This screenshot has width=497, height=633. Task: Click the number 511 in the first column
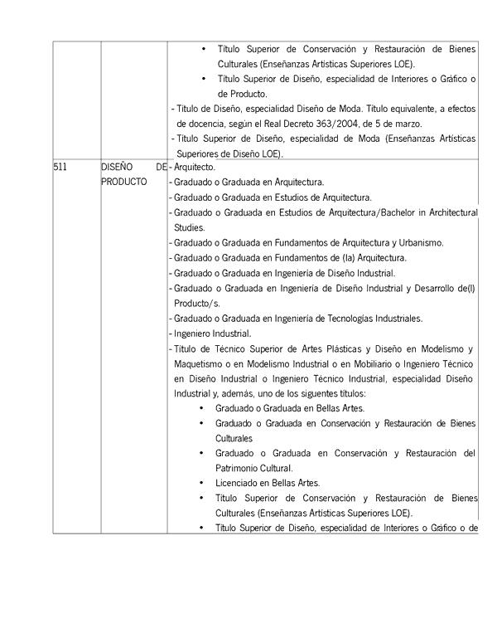pos(60,167)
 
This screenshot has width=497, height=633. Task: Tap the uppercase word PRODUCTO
pos(124,182)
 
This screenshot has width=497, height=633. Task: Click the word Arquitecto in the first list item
pos(196,167)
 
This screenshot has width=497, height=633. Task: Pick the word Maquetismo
pos(201,363)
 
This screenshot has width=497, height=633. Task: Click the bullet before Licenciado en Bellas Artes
pos(204,483)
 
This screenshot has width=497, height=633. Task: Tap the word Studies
pos(191,227)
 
